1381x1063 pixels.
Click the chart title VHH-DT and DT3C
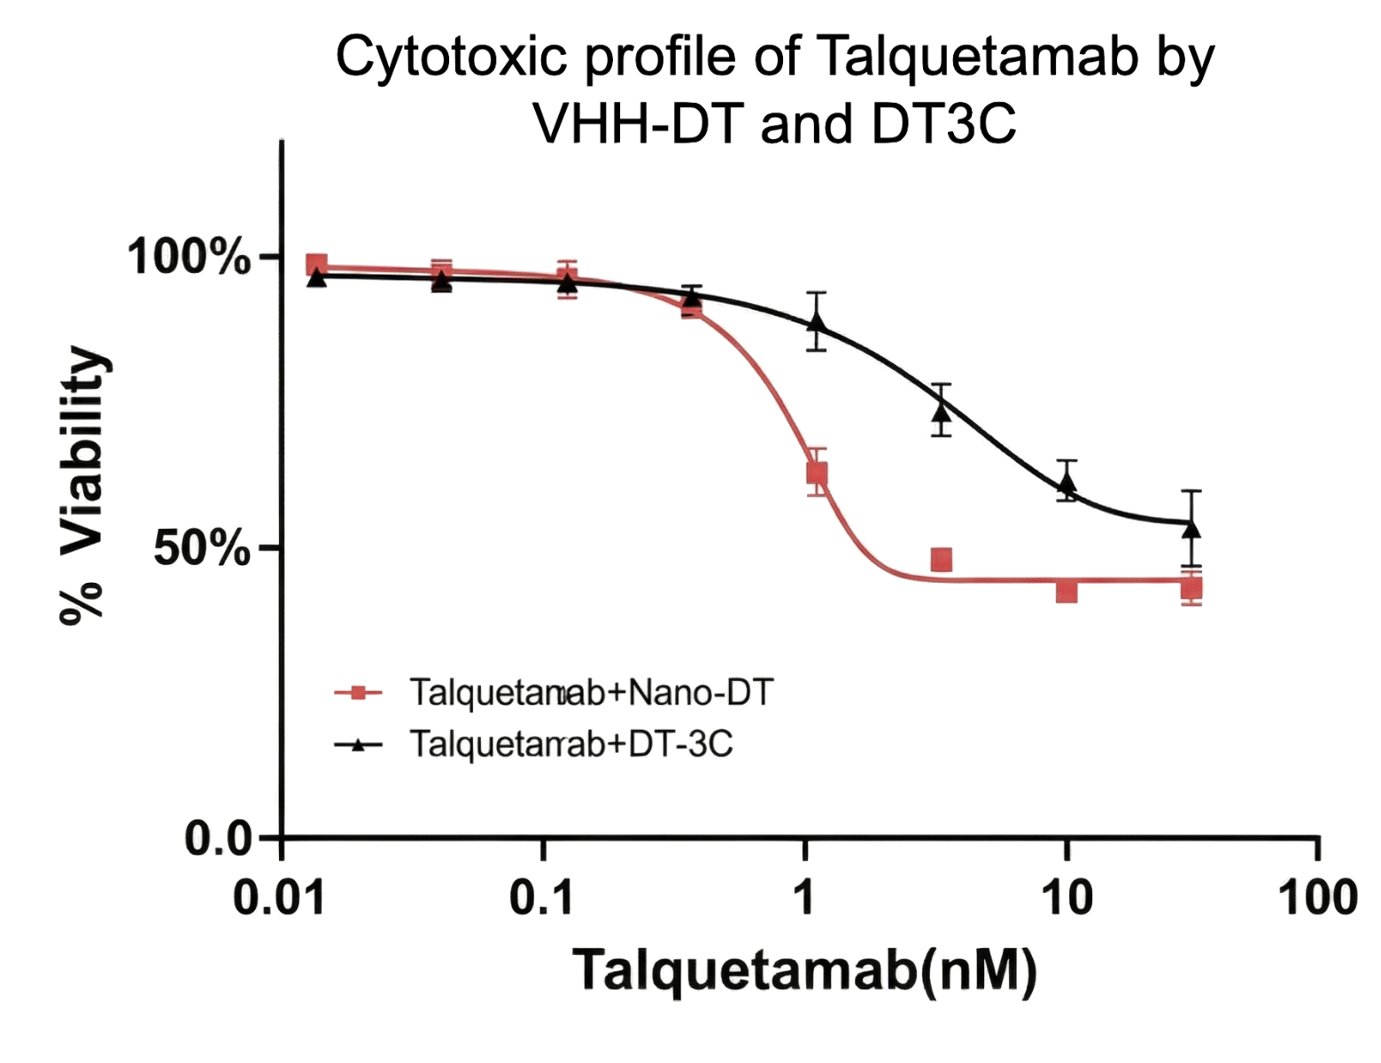(x=775, y=125)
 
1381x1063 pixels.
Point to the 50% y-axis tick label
(x=202, y=549)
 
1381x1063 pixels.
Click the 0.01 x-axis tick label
(x=278, y=899)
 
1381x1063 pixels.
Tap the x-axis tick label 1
(x=804, y=899)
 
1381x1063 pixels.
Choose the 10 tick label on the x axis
(x=1067, y=899)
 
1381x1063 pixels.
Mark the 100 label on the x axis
(x=1319, y=899)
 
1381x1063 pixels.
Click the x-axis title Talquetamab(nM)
(x=804, y=970)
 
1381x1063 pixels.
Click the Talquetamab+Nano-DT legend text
(x=592, y=692)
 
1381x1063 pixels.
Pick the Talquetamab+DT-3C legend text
(x=571, y=743)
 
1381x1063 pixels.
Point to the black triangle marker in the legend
(x=358, y=744)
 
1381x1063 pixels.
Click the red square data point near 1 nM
(x=818, y=474)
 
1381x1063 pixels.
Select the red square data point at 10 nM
(x=1067, y=590)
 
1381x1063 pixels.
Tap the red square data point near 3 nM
(x=942, y=559)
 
